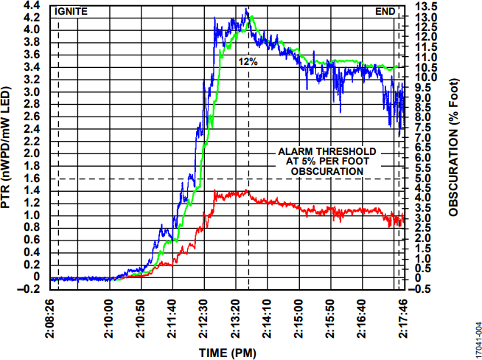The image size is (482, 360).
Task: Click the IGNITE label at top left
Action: coord(71,11)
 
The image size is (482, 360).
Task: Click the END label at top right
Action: coord(385,11)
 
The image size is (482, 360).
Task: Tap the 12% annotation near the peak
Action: coord(248,62)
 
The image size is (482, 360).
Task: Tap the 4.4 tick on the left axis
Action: coord(32,5)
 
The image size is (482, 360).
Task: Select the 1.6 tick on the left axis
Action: coord(32,179)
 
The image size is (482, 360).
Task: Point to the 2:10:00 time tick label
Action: coord(111,318)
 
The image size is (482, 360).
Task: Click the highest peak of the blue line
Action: coord(246,9)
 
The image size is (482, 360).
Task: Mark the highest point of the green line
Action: coord(251,15)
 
